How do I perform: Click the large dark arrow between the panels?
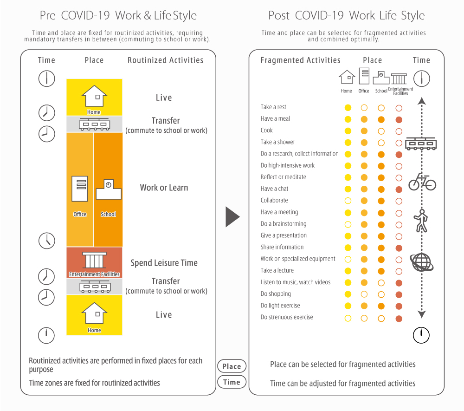(x=232, y=217)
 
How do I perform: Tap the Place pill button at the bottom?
(x=232, y=366)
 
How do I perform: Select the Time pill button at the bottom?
(x=232, y=382)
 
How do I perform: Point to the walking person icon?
(x=421, y=221)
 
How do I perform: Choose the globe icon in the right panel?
(x=422, y=262)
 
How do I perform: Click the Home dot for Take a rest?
(x=348, y=108)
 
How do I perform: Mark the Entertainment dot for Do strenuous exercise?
(x=399, y=319)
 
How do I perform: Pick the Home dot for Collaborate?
(x=348, y=201)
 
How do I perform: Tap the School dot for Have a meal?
(x=381, y=120)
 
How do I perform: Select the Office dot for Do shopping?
(x=364, y=294)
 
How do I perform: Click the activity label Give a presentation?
(x=284, y=235)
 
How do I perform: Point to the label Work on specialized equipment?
(x=298, y=259)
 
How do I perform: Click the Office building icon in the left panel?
(x=80, y=189)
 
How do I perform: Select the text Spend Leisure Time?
(x=164, y=263)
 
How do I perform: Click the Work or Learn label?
(x=164, y=188)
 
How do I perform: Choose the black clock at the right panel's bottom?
(x=421, y=335)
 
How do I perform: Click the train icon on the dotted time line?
(x=421, y=144)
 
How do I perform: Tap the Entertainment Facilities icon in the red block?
(x=94, y=260)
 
